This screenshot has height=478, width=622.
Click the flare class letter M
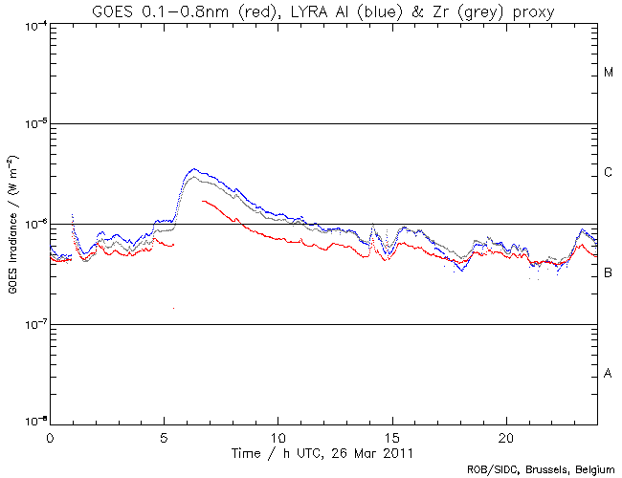[x=609, y=73]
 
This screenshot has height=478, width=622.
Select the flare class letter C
[x=609, y=173]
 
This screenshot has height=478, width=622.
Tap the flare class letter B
[x=609, y=273]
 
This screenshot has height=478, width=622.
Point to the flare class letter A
[x=609, y=374]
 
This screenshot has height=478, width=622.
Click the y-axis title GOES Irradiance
[x=12, y=224]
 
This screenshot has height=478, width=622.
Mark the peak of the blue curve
[x=194, y=169]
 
